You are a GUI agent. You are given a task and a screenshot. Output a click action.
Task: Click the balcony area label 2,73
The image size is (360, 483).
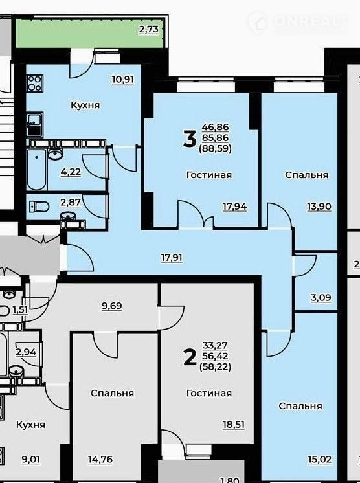pos(149,30)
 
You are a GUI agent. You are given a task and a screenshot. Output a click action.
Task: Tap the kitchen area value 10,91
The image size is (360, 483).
pos(123,80)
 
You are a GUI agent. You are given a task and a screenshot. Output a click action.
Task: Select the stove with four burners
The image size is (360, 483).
pos(35,83)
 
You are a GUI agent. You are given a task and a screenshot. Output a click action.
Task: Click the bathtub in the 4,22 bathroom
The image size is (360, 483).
pos(37,170)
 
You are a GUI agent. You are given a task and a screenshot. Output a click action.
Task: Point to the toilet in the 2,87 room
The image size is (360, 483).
pos(39,207)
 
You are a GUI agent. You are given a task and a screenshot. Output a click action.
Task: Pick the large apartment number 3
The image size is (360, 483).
pos(190,139)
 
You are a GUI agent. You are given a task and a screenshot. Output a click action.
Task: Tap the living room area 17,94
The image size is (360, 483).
pos(234,207)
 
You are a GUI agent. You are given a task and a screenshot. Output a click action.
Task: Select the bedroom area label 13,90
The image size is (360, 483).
pos(319,207)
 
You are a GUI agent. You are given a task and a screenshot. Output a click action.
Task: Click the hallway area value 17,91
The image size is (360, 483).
pos(172,258)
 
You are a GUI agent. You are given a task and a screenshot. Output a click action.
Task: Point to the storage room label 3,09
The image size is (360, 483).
pos(321,298)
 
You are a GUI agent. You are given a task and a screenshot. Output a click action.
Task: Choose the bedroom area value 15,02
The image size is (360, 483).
pos(320,460)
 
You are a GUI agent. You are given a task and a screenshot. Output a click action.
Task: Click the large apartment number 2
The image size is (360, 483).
pos(190,357)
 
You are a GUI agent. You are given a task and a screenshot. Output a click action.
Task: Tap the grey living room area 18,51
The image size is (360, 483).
pos(234,425)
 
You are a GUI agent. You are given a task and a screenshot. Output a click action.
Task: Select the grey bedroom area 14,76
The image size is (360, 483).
pos(100,460)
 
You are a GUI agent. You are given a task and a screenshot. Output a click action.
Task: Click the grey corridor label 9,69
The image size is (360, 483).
pos(112,306)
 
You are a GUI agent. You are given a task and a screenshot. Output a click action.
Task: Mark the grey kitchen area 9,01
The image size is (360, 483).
pos(31,460)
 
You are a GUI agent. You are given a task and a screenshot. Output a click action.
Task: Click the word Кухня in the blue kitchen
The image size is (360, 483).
pos(85,106)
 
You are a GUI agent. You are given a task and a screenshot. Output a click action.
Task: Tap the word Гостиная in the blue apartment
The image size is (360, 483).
pos(209,175)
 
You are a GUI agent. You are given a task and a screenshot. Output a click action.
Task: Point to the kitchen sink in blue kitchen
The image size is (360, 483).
pos(35,124)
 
